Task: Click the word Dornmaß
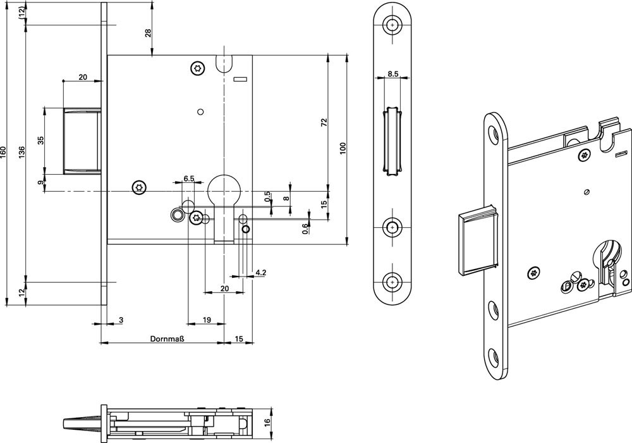tap(166, 338)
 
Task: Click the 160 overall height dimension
tap(3, 153)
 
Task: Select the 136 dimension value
tap(22, 153)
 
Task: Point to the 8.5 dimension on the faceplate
tap(392, 74)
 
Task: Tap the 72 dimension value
tap(324, 122)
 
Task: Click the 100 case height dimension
tap(343, 149)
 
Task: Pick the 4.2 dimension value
tap(260, 273)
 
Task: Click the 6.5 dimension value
tap(188, 179)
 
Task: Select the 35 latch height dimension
tap(41, 140)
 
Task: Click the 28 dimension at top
tap(149, 33)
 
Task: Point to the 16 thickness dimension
tap(267, 421)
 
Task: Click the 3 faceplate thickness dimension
tap(121, 321)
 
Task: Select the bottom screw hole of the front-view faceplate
tap(393, 281)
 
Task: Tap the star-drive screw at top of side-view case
tap(198, 68)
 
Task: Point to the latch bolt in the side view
tap(83, 140)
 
